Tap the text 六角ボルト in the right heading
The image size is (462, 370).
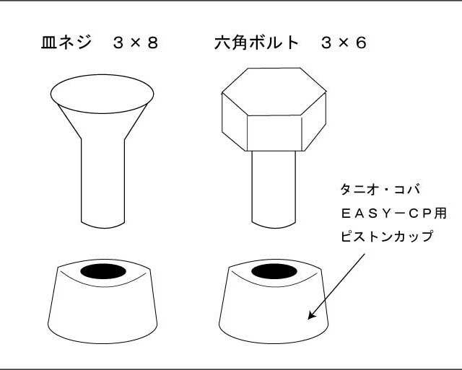click(x=256, y=43)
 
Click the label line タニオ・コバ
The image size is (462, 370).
click(x=380, y=190)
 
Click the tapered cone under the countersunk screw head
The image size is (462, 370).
click(x=103, y=123)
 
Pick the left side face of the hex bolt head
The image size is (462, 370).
click(x=233, y=126)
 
